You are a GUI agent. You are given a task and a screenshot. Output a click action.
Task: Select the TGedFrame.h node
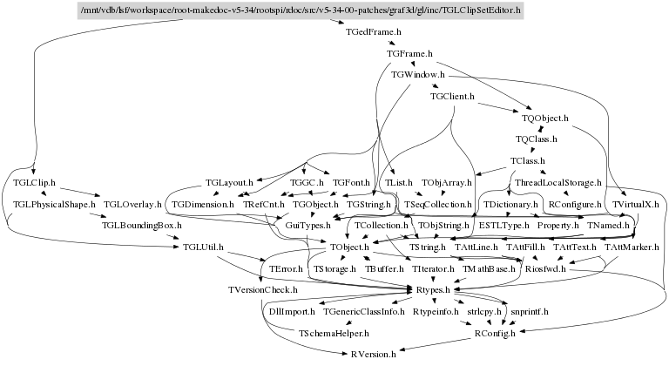[373, 32]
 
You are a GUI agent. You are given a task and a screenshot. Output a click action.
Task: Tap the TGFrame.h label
[409, 54]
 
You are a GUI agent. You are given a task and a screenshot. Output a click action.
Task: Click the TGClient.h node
[452, 96]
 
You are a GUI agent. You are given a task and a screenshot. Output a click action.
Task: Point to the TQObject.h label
[545, 117]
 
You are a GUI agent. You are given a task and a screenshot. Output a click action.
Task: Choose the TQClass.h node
[537, 139]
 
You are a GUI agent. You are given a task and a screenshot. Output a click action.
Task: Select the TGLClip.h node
[36, 183]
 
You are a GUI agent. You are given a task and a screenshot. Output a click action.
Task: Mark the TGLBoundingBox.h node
[141, 226]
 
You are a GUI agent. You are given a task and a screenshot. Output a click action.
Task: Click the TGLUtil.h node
[203, 247]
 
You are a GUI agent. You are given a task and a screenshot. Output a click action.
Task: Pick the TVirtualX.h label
[636, 204]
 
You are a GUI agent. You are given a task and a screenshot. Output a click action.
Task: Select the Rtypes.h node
[431, 289]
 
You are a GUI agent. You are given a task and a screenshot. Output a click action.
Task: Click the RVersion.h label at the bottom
[374, 354]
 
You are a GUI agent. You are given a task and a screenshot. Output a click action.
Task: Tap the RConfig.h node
[495, 332]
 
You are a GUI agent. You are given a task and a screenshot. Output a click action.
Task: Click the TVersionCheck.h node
[262, 289]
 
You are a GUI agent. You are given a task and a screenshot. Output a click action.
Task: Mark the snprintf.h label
[530, 311]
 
